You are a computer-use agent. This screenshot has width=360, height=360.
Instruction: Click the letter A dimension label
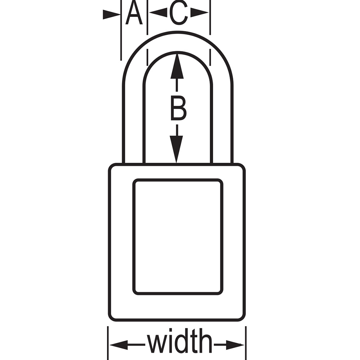(134, 13)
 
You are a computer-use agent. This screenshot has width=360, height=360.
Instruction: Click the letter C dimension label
(179, 13)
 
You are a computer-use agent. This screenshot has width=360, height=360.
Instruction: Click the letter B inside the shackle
(179, 108)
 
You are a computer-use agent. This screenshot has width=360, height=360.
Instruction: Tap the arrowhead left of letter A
(111, 14)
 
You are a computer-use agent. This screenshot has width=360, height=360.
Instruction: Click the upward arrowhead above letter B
(177, 66)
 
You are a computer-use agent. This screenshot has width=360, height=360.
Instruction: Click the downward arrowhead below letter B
(176, 149)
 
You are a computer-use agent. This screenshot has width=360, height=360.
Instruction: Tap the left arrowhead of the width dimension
(118, 345)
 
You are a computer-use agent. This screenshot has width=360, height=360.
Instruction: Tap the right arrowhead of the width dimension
(235, 345)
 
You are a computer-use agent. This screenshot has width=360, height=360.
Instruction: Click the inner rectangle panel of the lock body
(178, 237)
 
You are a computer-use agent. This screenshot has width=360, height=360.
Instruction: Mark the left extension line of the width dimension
(108, 343)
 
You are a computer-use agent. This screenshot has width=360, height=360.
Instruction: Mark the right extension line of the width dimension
(246, 343)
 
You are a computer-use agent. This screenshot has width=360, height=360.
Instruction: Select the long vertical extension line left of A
(121, 30)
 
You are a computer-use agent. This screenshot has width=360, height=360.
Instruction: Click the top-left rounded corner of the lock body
(112, 167)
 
